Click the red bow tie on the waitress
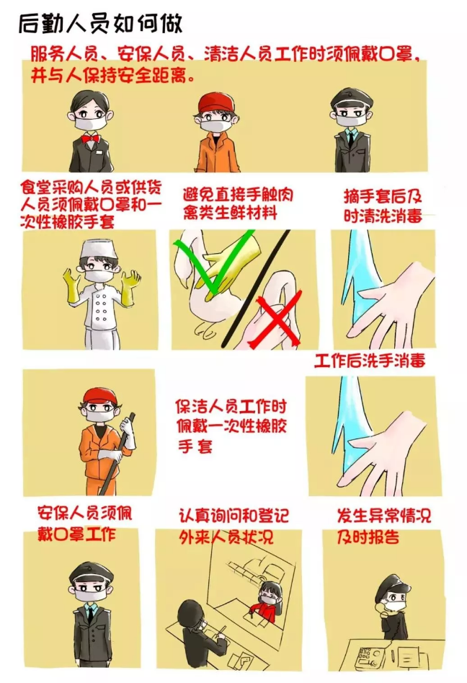(x=90, y=139)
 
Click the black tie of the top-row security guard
(x=350, y=140)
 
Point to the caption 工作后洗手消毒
(x=370, y=361)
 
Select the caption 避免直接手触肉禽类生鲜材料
(x=238, y=203)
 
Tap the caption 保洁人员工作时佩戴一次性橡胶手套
(x=231, y=426)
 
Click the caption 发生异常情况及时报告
(x=383, y=525)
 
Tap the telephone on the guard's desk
(x=368, y=656)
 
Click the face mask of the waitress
(x=91, y=123)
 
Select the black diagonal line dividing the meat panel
(x=255, y=288)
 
